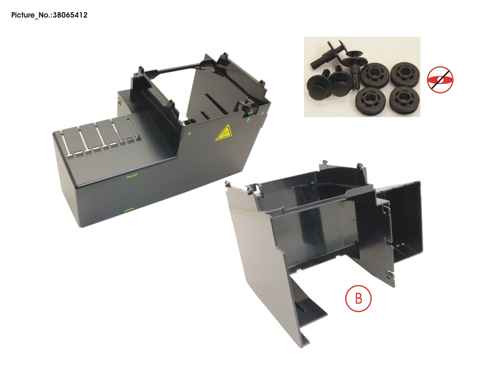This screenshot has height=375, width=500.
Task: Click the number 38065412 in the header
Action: click(x=70, y=15)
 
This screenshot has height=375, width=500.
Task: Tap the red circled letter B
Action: click(x=358, y=298)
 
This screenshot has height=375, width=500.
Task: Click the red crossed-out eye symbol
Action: click(x=440, y=80)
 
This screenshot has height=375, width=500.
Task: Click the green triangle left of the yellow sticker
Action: click(x=190, y=134)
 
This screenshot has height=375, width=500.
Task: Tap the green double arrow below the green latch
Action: click(x=248, y=119)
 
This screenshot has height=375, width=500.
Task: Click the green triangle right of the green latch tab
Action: click(x=263, y=113)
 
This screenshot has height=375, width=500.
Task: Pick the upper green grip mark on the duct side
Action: click(x=132, y=175)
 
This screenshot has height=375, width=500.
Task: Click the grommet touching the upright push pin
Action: click(x=375, y=75)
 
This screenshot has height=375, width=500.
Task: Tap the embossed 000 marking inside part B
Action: click(x=353, y=220)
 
